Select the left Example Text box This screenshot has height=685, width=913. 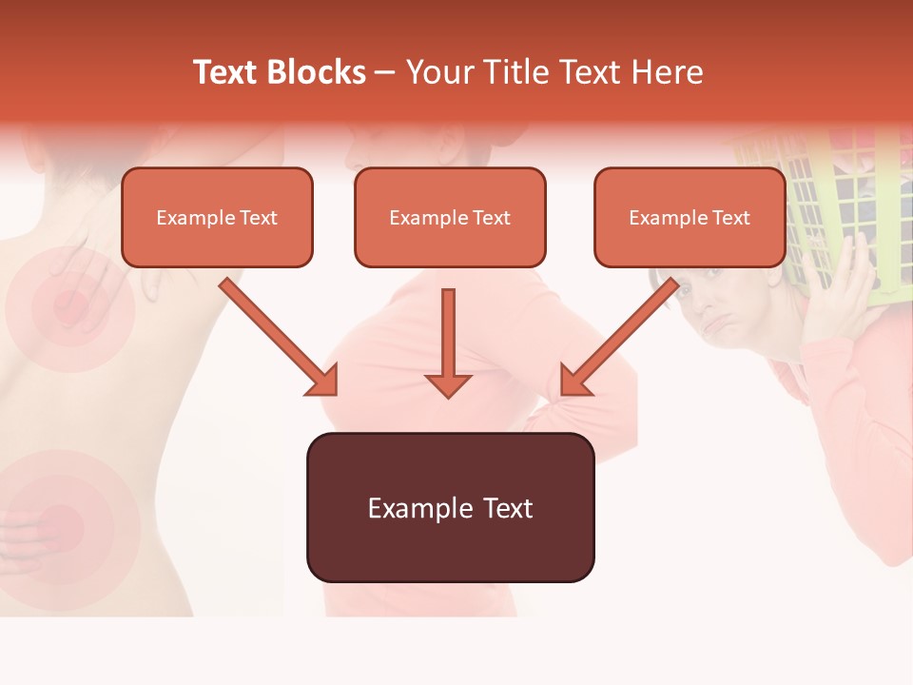[x=217, y=217]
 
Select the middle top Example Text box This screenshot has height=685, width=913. [x=450, y=217]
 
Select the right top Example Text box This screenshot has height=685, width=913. [x=690, y=217]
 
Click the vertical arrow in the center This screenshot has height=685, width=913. [x=448, y=342]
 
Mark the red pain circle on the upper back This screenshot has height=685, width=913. [x=68, y=306]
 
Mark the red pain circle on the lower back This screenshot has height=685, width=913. [x=59, y=521]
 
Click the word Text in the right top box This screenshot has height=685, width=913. [x=730, y=217]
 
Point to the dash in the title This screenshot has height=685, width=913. [x=385, y=72]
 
